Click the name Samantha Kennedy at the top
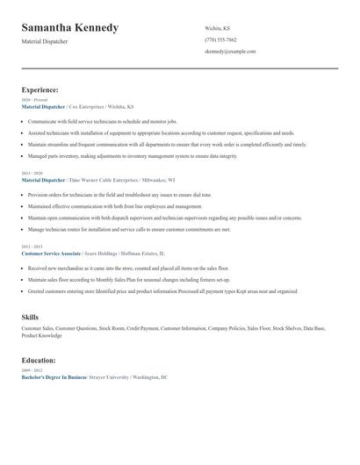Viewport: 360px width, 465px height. (x=69, y=28)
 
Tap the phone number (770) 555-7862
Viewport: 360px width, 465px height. (x=220, y=39)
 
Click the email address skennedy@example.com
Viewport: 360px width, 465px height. (x=230, y=52)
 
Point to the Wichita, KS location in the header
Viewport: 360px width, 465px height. (x=217, y=28)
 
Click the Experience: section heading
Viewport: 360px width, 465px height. (x=40, y=89)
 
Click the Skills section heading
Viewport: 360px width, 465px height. (x=30, y=317)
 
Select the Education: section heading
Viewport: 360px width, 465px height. (x=39, y=360)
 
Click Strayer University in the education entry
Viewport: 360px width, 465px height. (x=109, y=376)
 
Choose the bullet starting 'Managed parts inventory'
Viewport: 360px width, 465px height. (x=132, y=156)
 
